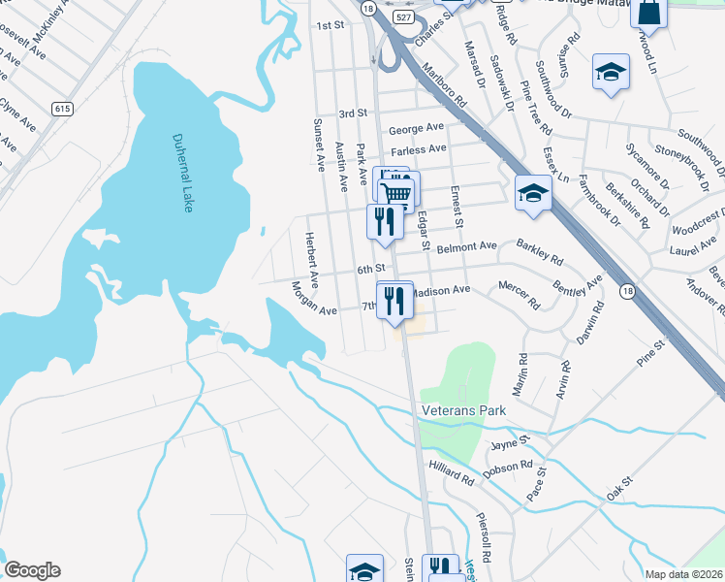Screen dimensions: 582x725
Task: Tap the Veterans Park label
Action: click(464, 410)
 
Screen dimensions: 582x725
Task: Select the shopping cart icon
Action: click(397, 191)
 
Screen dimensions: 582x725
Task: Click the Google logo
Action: click(32, 570)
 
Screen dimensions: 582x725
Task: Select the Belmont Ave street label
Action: click(466, 247)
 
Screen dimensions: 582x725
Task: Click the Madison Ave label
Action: click(442, 290)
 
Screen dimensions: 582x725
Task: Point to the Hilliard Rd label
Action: click(453, 475)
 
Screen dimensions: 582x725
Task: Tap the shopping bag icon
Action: click(648, 13)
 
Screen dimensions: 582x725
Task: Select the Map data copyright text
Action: click(684, 574)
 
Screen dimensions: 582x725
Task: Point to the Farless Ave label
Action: click(418, 148)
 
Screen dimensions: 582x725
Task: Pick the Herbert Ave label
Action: click(311, 256)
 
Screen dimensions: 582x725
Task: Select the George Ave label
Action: click(416, 128)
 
